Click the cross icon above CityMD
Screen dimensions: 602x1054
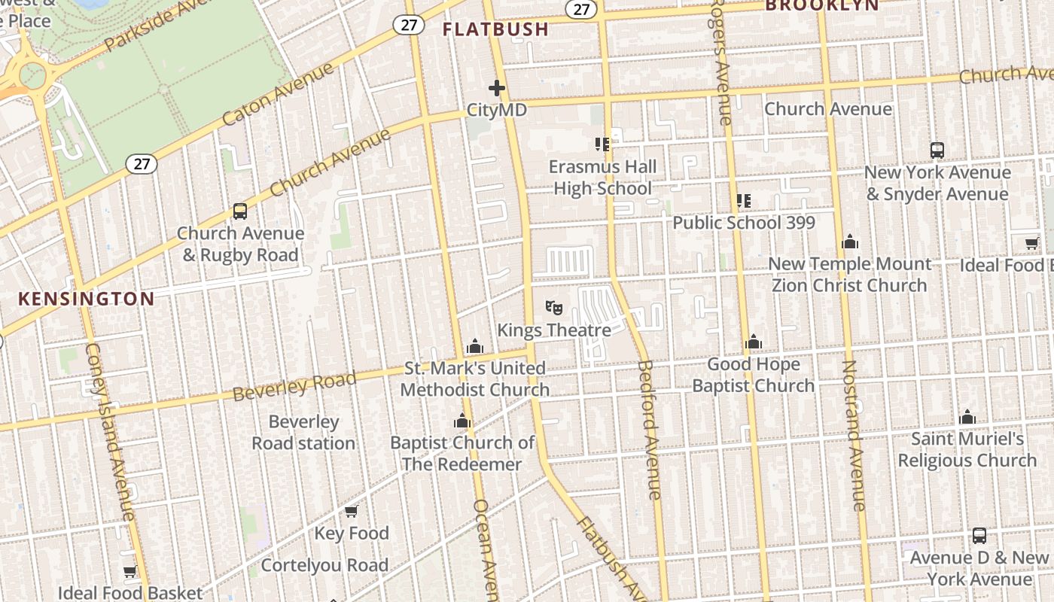[x=497, y=89]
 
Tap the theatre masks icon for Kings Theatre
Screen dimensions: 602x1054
[x=554, y=308]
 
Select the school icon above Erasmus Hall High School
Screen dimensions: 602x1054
[x=602, y=144]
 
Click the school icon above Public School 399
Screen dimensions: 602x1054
[x=744, y=201]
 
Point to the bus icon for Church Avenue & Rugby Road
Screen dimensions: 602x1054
[x=240, y=211]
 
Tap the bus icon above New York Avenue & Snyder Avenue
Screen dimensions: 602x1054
[x=937, y=150]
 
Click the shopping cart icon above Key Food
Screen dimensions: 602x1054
[x=351, y=512]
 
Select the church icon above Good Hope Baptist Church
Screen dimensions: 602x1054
[x=754, y=343]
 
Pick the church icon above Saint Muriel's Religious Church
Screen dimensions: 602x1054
[x=967, y=418]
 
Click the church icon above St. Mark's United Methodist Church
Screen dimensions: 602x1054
[x=474, y=347]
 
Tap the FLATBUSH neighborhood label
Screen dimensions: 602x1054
[x=495, y=29]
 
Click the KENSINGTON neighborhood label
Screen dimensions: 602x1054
[x=86, y=299]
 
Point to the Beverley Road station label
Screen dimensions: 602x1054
[x=303, y=433]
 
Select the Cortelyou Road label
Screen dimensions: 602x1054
[x=324, y=565]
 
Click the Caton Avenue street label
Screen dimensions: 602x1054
[x=278, y=94]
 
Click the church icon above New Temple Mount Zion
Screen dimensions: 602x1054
[x=850, y=242]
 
